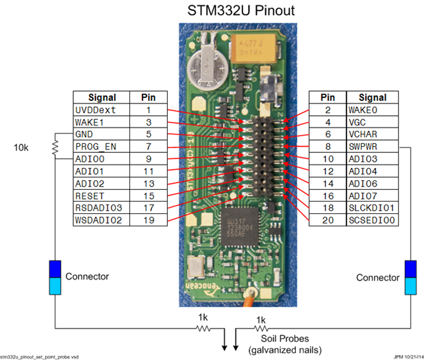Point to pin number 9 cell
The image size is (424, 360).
click(149, 159)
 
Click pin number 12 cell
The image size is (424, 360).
click(328, 171)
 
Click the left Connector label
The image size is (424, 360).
click(87, 277)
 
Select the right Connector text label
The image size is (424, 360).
click(377, 278)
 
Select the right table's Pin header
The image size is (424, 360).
click(328, 97)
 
